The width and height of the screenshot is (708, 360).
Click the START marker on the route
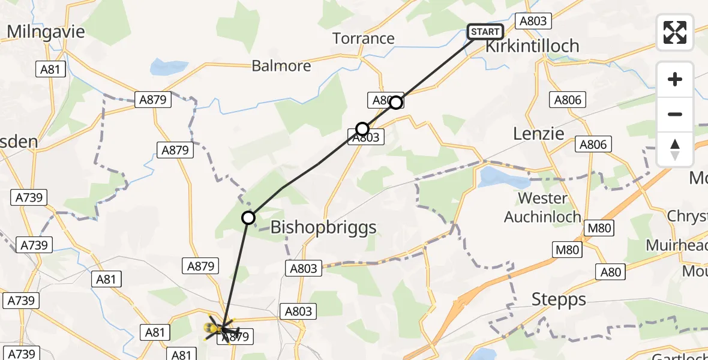tap(485, 32)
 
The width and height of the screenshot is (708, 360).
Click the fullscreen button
tap(675, 32)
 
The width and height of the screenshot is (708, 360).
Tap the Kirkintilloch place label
tap(532, 46)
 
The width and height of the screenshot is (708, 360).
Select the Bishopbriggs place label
tap(323, 227)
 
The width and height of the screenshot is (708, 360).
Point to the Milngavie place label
tap(46, 31)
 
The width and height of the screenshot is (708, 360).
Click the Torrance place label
tap(364, 38)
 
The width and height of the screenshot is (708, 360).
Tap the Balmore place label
tap(281, 65)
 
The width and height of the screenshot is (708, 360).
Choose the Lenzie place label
tap(539, 134)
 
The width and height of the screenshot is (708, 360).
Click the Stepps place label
tap(559, 299)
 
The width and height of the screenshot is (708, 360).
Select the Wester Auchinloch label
tap(542, 207)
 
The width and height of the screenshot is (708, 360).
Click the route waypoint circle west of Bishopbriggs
tap(248, 218)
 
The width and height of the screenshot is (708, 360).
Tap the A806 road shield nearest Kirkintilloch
tap(568, 100)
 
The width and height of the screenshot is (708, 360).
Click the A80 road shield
tap(611, 272)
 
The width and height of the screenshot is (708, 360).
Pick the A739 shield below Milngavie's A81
tap(29, 197)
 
